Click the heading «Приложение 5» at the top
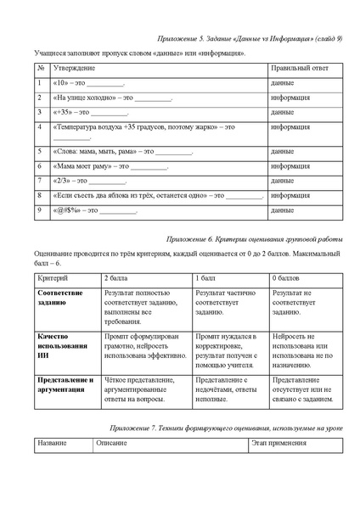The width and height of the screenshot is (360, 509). tap(250, 39)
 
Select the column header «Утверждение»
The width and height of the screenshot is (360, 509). tap(74, 67)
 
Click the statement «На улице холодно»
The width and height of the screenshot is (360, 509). tap(93, 98)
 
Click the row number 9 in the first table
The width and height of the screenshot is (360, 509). tap(39, 209)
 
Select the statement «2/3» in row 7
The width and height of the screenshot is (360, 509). tap(70, 181)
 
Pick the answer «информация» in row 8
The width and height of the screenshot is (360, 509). tap(290, 195)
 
